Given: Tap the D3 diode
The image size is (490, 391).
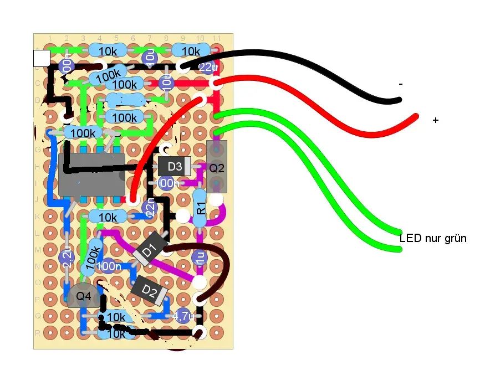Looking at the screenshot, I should [x=175, y=166].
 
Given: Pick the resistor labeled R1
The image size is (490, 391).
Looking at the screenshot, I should [x=201, y=208].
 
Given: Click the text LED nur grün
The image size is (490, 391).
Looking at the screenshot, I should [x=433, y=239].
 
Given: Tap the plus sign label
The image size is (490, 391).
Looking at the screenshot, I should [x=436, y=120].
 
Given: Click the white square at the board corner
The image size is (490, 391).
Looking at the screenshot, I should [x=42, y=58].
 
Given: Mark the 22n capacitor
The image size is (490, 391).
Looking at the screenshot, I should [x=149, y=207].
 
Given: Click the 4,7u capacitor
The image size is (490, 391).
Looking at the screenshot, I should [x=182, y=316].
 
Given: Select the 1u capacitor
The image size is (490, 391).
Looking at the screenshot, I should [x=200, y=257].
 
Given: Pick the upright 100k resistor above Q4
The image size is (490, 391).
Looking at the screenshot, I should [x=93, y=255].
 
